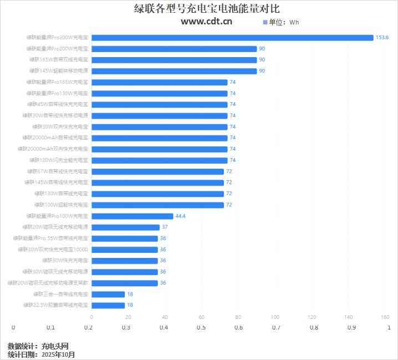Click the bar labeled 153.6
click(x=232, y=38)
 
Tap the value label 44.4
click(x=180, y=216)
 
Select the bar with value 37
click(x=125, y=227)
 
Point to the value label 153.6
click(x=382, y=38)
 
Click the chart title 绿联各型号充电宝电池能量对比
click(x=199, y=8)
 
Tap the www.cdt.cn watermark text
click(x=206, y=22)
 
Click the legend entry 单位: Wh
click(x=280, y=22)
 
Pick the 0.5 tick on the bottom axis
click(x=201, y=327)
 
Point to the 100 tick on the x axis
click(x=275, y=317)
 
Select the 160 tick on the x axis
click(x=385, y=317)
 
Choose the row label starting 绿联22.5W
click(x=55, y=305)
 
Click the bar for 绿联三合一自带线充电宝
click(x=108, y=294)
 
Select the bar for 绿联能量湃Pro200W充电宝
click(x=174, y=49)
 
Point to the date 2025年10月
click(x=58, y=354)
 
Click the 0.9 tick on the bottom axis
click(x=351, y=327)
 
